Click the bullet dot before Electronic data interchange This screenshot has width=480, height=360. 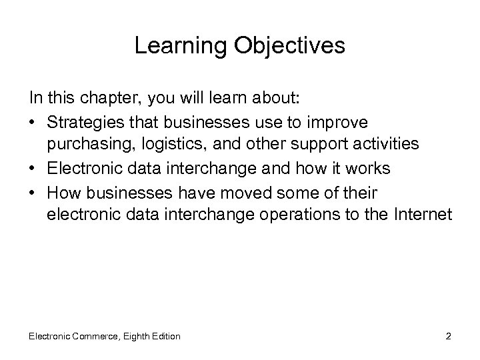tap(33, 169)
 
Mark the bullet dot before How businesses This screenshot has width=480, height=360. tap(33, 193)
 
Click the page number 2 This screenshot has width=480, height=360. tap(449, 336)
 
